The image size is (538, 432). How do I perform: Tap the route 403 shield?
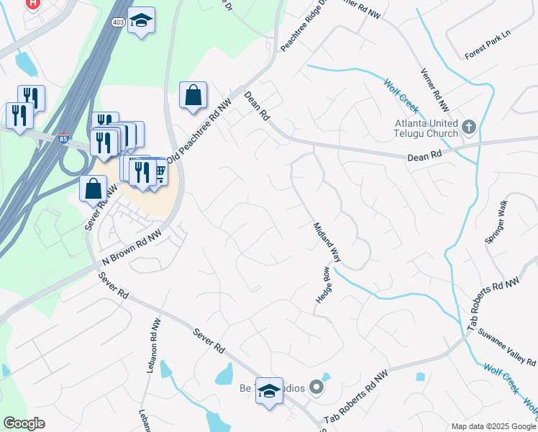[x=118, y=22]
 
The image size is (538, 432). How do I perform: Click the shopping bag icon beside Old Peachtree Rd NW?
[x=193, y=96]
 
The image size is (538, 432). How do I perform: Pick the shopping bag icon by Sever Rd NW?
[x=94, y=189]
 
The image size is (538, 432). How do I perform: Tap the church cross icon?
[x=469, y=127]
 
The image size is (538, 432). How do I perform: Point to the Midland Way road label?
[x=326, y=241]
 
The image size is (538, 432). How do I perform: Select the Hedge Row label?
[x=322, y=284]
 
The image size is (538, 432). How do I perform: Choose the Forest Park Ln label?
[x=487, y=53]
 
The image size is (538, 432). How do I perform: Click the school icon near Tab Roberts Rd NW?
[x=270, y=391]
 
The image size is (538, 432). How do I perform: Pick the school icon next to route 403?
[x=142, y=22]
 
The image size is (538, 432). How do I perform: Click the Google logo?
[x=24, y=423]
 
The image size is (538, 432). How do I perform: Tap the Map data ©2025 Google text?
[x=493, y=426]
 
